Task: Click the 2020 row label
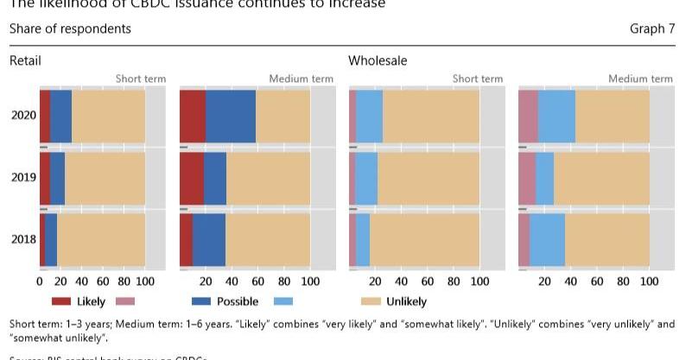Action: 23,116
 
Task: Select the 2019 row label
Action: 23,178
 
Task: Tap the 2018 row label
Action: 23,239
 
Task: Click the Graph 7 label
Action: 652,29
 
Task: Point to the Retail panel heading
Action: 25,61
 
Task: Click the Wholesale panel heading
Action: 378,61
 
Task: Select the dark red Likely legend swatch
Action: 60,301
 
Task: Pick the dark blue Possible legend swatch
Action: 200,301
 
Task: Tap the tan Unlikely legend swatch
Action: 370,301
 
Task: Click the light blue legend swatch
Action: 283,301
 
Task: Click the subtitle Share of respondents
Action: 70,29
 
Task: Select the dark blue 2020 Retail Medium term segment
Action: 231,116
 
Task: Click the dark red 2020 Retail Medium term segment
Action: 193,116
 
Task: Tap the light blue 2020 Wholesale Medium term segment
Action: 556,116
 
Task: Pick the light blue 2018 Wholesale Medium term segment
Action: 547,239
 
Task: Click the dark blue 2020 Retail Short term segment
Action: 60,116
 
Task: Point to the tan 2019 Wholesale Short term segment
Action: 428,178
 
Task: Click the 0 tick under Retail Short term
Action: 40,281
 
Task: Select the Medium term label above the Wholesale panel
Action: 639,79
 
